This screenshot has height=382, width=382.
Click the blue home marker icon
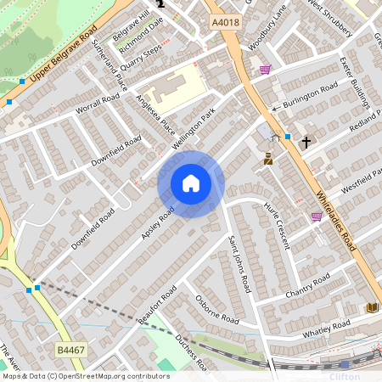[191, 183]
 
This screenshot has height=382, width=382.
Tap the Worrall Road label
[97, 104]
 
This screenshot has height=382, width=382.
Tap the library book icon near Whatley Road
[372, 306]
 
